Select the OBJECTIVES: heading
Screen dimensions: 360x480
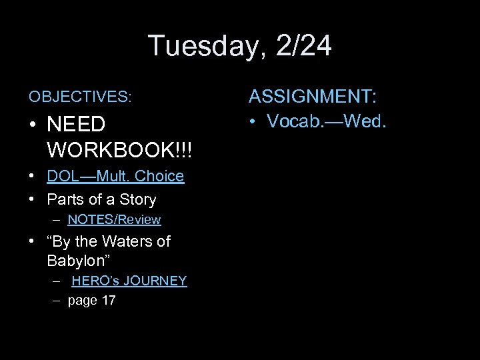pyautogui.click(x=80, y=97)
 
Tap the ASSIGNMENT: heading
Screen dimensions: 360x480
pyautogui.click(x=313, y=97)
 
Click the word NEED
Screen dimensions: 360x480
pyautogui.click(x=76, y=124)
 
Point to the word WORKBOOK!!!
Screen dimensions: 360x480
pyautogui.click(x=119, y=149)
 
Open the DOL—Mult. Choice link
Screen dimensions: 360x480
pyautogui.click(x=115, y=176)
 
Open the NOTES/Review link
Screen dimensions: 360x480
pyautogui.click(x=114, y=219)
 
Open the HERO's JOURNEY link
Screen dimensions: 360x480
pyautogui.click(x=129, y=281)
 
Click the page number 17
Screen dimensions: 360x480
pyautogui.click(x=108, y=301)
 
